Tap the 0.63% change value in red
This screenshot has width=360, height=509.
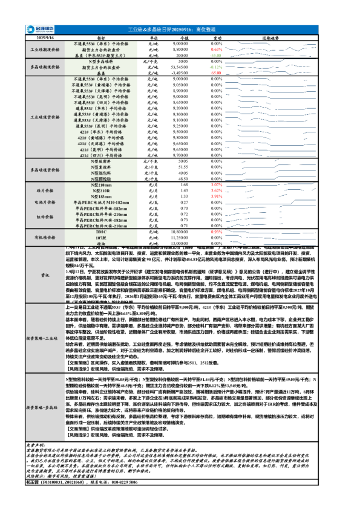pos(217,50)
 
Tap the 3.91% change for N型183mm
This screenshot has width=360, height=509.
pos(217,196)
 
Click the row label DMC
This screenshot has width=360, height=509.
pos(101,232)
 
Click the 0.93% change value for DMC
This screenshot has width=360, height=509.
pos(217,232)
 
